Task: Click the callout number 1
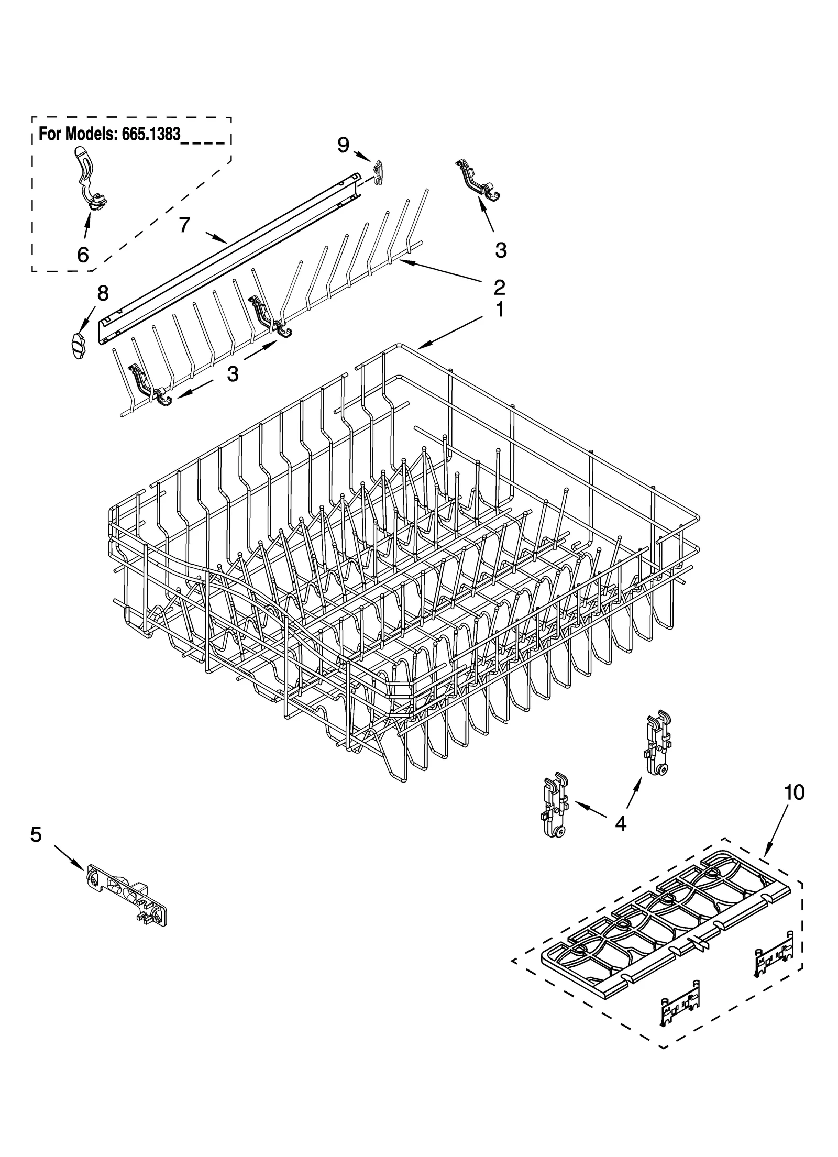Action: pos(500,311)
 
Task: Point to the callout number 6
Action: pos(83,255)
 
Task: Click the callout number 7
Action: pos(184,225)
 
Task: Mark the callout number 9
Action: pos(343,144)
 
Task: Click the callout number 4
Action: pos(620,824)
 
